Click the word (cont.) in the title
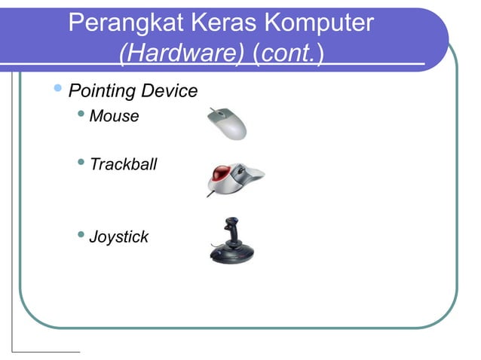(x=290, y=55)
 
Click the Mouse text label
(x=114, y=117)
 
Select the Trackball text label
(x=123, y=164)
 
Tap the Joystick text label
(x=119, y=237)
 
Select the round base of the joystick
(x=231, y=254)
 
